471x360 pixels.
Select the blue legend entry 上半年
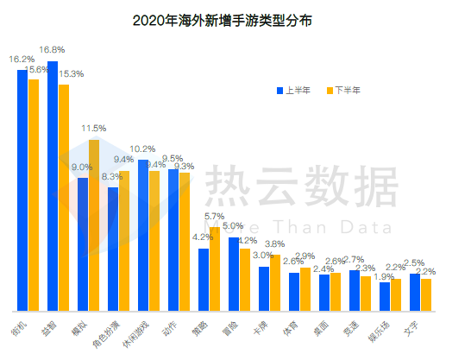(x=293, y=90)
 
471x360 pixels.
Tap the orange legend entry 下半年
(x=342, y=90)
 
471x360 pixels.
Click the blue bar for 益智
(x=53, y=186)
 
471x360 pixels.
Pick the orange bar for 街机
(x=34, y=195)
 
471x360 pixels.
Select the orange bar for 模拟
(x=94, y=224)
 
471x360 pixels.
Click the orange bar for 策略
(x=215, y=268)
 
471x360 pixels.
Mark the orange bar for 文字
(x=425, y=294)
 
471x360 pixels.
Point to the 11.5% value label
(x=94, y=129)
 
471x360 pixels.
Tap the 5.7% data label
(x=214, y=217)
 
